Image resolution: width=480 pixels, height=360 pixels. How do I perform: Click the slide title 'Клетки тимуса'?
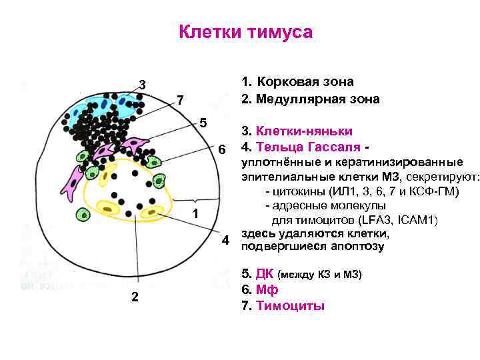(x=246, y=32)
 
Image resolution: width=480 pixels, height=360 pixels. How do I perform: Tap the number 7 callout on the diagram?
(x=180, y=101)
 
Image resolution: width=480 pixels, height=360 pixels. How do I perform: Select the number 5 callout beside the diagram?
(x=204, y=123)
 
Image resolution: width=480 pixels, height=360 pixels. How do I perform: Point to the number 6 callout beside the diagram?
(x=223, y=148)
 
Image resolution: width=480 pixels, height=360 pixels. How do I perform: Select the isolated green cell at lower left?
(x=83, y=214)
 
